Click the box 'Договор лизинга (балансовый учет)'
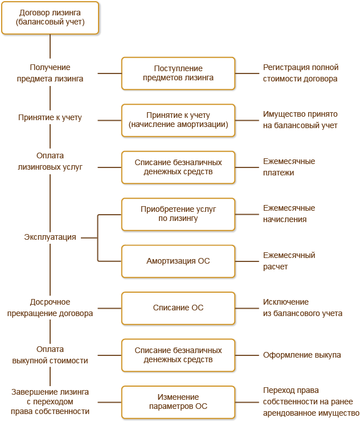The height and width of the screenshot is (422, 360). (50, 18)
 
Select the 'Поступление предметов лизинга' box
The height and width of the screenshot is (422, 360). (178, 73)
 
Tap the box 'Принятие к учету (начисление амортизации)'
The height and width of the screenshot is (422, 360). (178, 120)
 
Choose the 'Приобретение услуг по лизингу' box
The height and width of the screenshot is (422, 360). (178, 214)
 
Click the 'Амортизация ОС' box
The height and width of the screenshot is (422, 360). (178, 261)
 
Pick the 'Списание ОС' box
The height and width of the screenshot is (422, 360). (178, 308)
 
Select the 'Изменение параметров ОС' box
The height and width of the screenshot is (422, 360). (178, 402)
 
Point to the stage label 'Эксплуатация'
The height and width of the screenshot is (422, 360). (50, 237)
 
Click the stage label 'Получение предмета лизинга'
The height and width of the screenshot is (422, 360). (50, 73)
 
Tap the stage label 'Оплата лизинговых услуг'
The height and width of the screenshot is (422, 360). (50, 161)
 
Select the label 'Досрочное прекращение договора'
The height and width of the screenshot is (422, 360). (50, 308)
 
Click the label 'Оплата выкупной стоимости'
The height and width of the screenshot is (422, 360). (50, 355)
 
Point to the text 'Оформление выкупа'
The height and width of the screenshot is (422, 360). (302, 355)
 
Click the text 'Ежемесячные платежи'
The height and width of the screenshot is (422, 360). (289, 167)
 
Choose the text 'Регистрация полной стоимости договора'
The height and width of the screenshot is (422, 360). (301, 73)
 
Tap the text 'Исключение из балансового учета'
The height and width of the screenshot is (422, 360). (302, 308)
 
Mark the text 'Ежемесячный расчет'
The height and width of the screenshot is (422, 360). (289, 261)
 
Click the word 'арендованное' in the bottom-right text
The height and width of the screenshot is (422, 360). (289, 413)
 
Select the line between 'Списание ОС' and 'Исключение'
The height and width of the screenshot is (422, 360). (247, 308)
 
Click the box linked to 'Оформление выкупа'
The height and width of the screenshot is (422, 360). (178, 355)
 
